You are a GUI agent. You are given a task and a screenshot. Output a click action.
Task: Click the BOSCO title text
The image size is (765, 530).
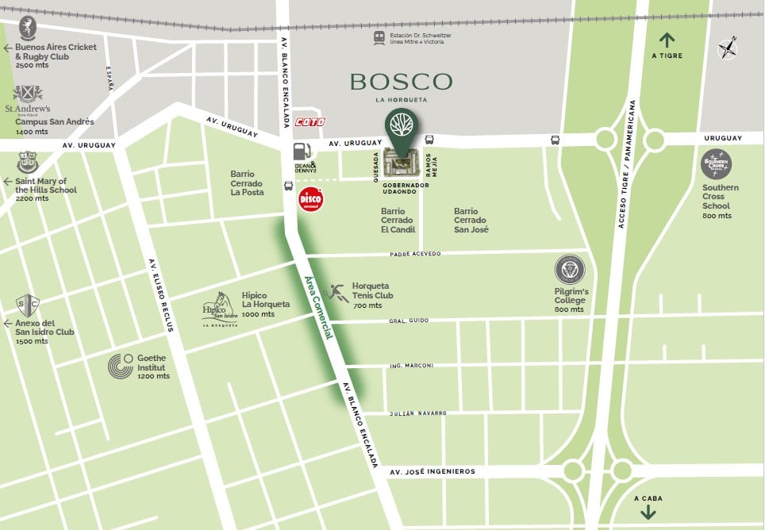[401, 81]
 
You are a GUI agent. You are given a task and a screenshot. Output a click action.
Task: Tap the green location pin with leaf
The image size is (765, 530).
[402, 128]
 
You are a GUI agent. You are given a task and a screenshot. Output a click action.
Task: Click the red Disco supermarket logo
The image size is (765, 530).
[310, 199]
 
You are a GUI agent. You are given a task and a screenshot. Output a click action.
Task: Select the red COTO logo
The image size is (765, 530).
[309, 122]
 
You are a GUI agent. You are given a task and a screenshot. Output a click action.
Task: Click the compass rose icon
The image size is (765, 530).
[727, 48]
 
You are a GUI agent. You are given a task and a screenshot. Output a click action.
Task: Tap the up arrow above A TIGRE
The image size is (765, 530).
[666, 39]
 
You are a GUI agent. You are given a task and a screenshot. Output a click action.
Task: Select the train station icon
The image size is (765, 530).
[379, 37]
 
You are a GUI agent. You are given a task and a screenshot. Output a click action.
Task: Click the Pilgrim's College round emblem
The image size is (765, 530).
[570, 270]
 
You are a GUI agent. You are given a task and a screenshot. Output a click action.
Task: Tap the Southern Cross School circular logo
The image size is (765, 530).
[717, 164]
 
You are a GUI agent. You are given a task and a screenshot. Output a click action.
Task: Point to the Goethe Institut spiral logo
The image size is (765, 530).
[121, 366]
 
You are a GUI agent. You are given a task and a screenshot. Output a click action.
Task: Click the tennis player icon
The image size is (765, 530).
[337, 292]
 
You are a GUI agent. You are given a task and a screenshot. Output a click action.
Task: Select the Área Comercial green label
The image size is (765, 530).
[319, 309]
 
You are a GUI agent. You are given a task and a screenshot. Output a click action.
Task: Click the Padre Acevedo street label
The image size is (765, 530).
[415, 254]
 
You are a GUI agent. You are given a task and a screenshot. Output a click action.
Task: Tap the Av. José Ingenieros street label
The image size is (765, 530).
[432, 471]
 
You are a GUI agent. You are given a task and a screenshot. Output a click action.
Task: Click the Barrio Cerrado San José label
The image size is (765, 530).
[471, 221]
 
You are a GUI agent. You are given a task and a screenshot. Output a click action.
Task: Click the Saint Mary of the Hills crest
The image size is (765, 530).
[26, 163]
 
